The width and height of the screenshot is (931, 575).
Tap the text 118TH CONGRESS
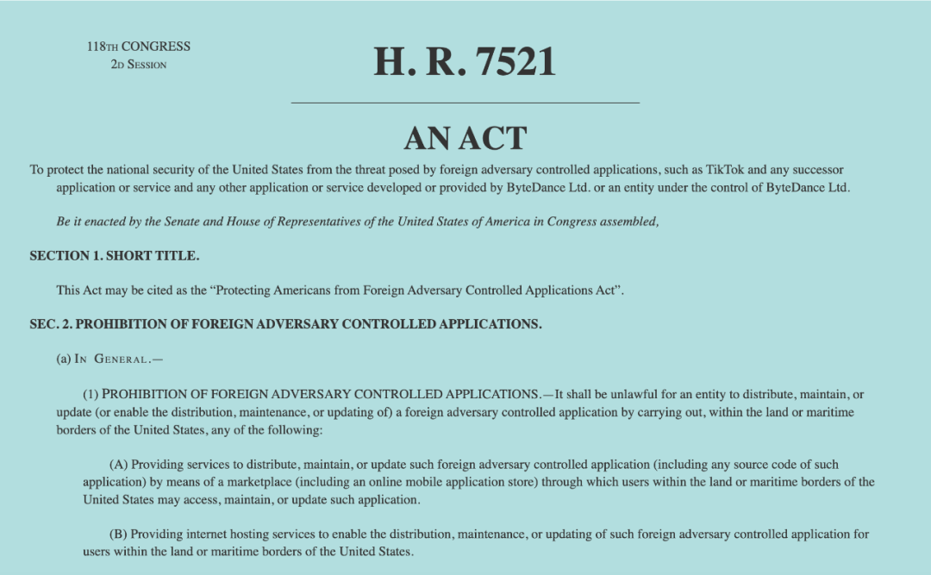(138, 47)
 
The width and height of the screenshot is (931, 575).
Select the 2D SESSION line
(138, 65)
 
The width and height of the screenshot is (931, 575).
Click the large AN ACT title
(465, 138)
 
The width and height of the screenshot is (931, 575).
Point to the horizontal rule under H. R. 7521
(465, 103)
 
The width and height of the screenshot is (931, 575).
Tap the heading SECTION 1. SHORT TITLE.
(115, 256)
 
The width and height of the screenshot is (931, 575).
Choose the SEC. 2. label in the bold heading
(51, 324)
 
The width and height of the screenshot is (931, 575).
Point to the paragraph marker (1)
(91, 394)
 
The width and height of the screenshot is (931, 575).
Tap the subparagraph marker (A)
(119, 465)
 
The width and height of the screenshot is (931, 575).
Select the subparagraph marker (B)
(119, 534)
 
